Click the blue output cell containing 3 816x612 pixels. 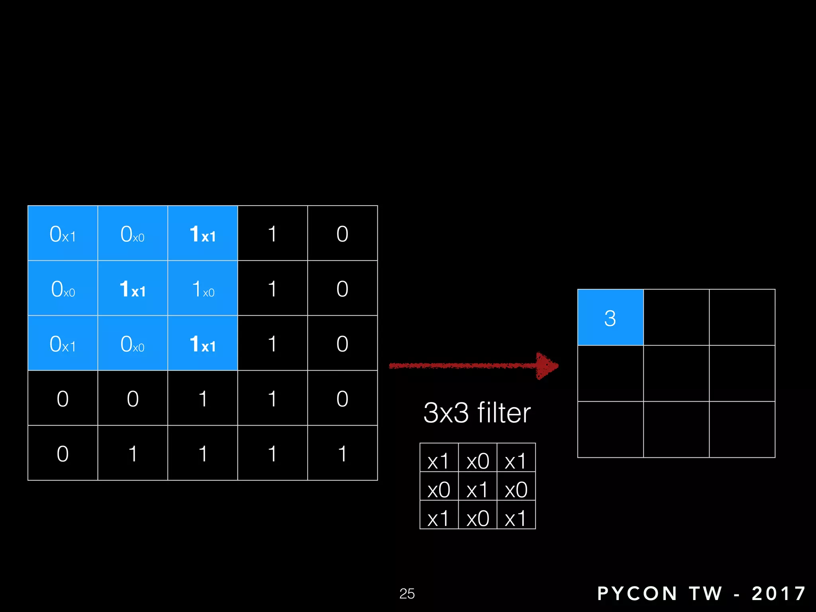[x=610, y=318]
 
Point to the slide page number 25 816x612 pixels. [x=407, y=593]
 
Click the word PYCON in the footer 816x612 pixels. [x=637, y=593]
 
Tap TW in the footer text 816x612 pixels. [x=706, y=593]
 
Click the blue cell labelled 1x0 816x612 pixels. [x=202, y=288]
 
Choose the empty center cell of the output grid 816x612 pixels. [x=676, y=373]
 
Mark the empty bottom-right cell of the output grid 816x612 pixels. [x=742, y=429]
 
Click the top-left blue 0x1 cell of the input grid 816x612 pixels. [x=63, y=233]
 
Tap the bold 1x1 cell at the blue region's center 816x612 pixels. [x=133, y=288]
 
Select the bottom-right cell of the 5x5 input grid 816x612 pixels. [x=342, y=453]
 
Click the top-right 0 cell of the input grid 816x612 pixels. [x=342, y=233]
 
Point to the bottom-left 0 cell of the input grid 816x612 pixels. [x=63, y=453]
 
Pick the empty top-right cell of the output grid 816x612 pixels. [x=742, y=318]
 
